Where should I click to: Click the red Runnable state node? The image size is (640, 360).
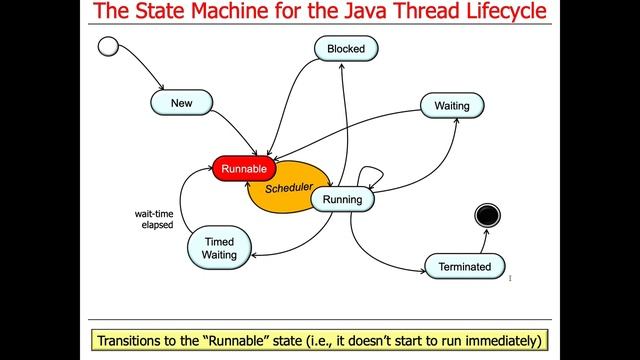(x=244, y=169)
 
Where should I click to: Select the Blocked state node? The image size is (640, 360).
(x=345, y=48)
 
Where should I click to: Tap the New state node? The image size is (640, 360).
(x=181, y=103)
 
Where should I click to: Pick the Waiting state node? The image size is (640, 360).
(x=452, y=106)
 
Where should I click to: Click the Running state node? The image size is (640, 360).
(x=342, y=200)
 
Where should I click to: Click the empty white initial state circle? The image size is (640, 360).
(x=108, y=45)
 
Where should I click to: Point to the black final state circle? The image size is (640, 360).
(x=488, y=215)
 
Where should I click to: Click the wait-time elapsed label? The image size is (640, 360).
(x=155, y=219)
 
